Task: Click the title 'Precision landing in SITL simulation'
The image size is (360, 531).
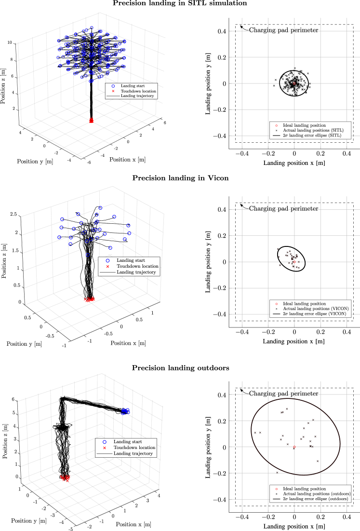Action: (180, 3)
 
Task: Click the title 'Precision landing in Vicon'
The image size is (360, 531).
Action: (180, 178)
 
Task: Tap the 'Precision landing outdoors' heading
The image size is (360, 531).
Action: (180, 368)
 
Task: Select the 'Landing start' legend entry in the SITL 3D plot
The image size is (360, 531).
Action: (133, 86)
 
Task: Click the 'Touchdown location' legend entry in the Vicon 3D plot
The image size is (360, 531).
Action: (138, 266)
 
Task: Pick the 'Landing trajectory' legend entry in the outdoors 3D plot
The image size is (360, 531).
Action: (133, 453)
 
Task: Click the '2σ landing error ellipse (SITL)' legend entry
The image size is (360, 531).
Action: (312, 136)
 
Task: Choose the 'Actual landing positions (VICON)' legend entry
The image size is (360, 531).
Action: (316, 309)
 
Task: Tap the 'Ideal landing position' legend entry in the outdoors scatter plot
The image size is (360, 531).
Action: (305, 489)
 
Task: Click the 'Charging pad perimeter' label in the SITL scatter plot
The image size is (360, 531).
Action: (283, 30)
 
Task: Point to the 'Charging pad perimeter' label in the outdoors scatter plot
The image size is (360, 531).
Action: (283, 394)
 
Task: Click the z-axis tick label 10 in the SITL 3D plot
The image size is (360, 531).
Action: (10, 43)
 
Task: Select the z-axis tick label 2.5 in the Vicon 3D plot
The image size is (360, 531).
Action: (13, 214)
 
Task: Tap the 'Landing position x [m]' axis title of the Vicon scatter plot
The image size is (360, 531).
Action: (293, 341)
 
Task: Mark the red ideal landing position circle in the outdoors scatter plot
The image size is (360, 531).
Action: (294, 447)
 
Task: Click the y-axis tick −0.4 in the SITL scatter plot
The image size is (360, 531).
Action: (219, 136)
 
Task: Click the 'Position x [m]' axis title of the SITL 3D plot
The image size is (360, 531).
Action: (128, 160)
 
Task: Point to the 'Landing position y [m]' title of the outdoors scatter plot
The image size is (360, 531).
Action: (208, 448)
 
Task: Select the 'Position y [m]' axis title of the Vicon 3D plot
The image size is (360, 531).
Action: (25, 344)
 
